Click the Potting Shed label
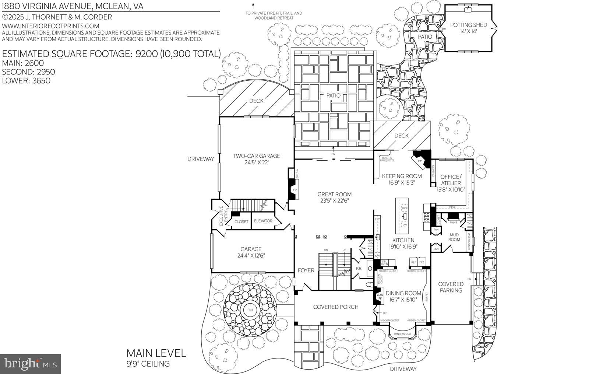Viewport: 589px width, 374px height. coord(468,25)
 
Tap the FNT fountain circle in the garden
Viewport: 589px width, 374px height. coord(250,310)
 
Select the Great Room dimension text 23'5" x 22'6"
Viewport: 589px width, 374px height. coord(334,201)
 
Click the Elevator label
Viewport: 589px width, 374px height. coord(263,221)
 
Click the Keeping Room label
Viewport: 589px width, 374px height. coord(402,176)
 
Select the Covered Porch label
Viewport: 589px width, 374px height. coord(335,307)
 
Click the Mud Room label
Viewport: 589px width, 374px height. coord(454,237)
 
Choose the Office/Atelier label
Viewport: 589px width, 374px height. coord(451,180)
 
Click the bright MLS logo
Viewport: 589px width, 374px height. coord(30,364)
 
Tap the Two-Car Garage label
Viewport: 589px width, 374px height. coord(256,156)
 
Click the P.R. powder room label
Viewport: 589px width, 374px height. coord(359,269)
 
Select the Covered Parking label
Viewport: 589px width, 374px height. coord(451,287)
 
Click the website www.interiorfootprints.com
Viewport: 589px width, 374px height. coord(51,26)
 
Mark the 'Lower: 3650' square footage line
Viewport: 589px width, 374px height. coord(26,81)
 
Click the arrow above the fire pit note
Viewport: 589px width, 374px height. coord(253,6)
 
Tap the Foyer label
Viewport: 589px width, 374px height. coord(306,270)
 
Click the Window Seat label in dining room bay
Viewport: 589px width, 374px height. coord(402,334)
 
